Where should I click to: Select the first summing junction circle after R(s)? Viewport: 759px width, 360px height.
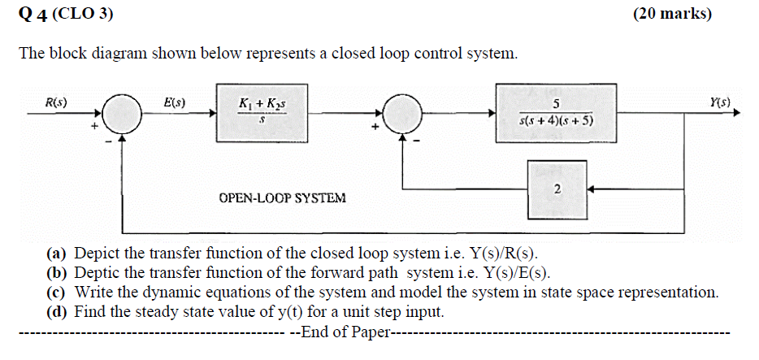121,115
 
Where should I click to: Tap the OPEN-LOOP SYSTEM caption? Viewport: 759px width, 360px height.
282,197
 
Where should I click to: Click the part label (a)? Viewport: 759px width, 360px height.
57,253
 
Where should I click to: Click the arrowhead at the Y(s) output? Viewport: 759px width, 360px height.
737,115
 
